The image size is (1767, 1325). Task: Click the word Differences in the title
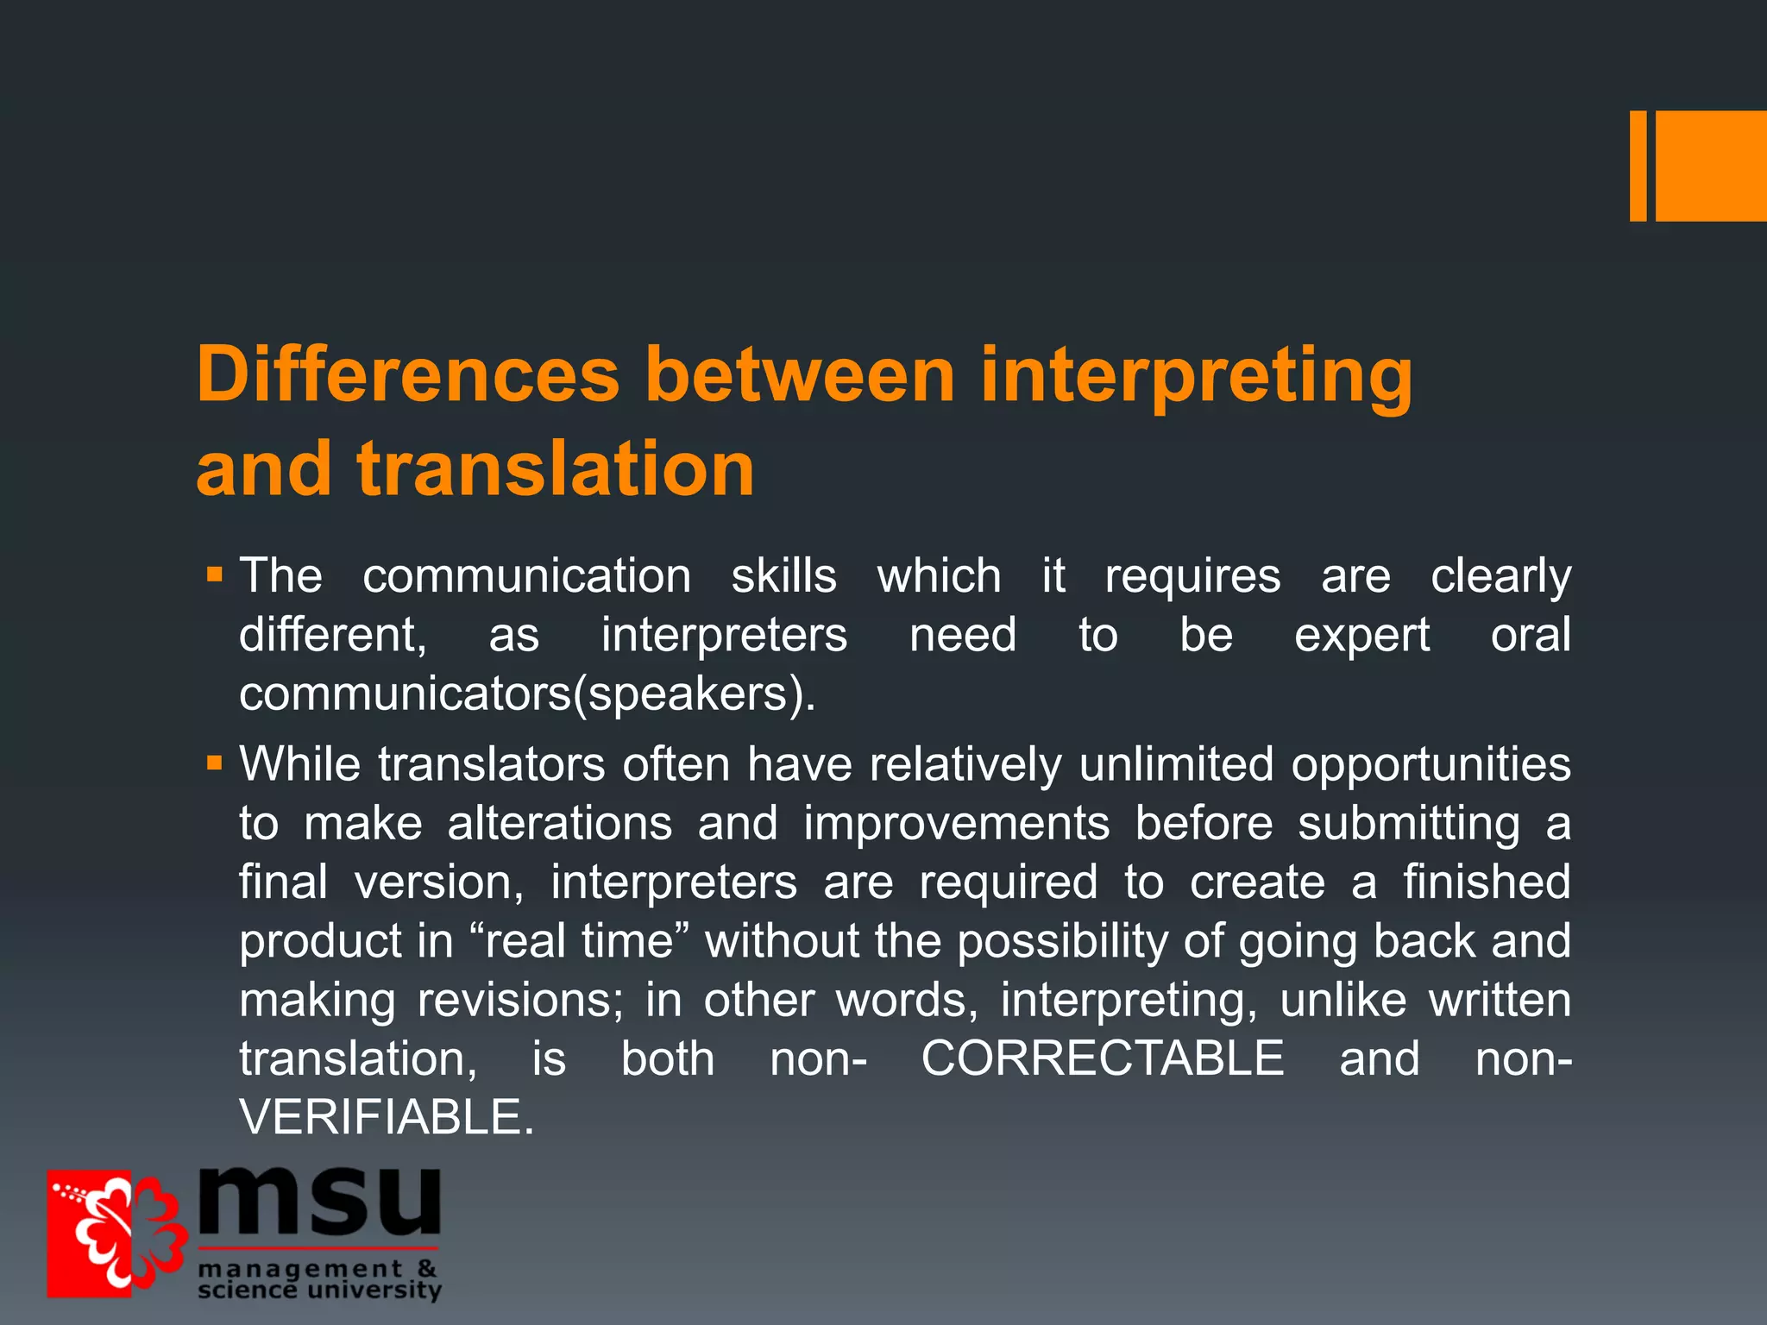tap(408, 374)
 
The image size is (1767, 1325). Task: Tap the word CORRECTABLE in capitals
tap(1103, 1058)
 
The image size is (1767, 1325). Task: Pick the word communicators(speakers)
tap(526, 694)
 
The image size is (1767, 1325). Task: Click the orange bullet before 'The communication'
tap(215, 574)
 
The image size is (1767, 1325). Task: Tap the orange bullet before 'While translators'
tap(215, 763)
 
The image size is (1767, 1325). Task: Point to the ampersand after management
tap(427, 1268)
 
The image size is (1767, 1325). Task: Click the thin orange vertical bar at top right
tap(1638, 166)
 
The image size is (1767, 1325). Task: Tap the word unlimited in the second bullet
tap(1176, 764)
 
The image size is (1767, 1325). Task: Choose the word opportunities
tap(1431, 764)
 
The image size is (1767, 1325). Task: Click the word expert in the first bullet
tap(1361, 636)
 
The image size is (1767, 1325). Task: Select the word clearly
tap(1500, 576)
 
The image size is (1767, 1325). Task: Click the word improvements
tap(956, 823)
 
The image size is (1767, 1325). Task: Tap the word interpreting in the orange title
tap(1197, 374)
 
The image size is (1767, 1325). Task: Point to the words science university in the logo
tap(319, 1290)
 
